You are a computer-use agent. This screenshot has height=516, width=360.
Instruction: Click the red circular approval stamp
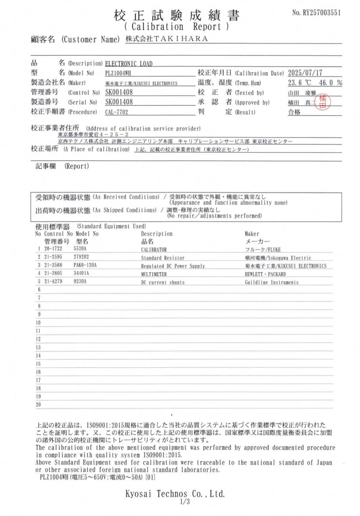click(323, 103)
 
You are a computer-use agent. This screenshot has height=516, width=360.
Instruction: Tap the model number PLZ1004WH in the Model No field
click(118, 73)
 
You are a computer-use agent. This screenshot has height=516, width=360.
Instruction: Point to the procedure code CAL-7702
click(117, 112)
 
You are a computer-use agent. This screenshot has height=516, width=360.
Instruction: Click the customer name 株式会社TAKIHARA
click(166, 39)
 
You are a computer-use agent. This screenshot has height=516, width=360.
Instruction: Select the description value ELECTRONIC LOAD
click(129, 64)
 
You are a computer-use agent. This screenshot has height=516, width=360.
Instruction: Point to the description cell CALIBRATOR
click(154, 249)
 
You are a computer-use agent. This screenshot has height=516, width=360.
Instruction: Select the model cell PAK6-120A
click(85, 266)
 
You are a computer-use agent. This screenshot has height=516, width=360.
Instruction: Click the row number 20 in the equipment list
click(38, 404)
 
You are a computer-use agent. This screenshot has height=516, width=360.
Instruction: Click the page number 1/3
click(185, 501)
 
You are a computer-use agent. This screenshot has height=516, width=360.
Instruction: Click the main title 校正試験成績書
click(177, 16)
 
